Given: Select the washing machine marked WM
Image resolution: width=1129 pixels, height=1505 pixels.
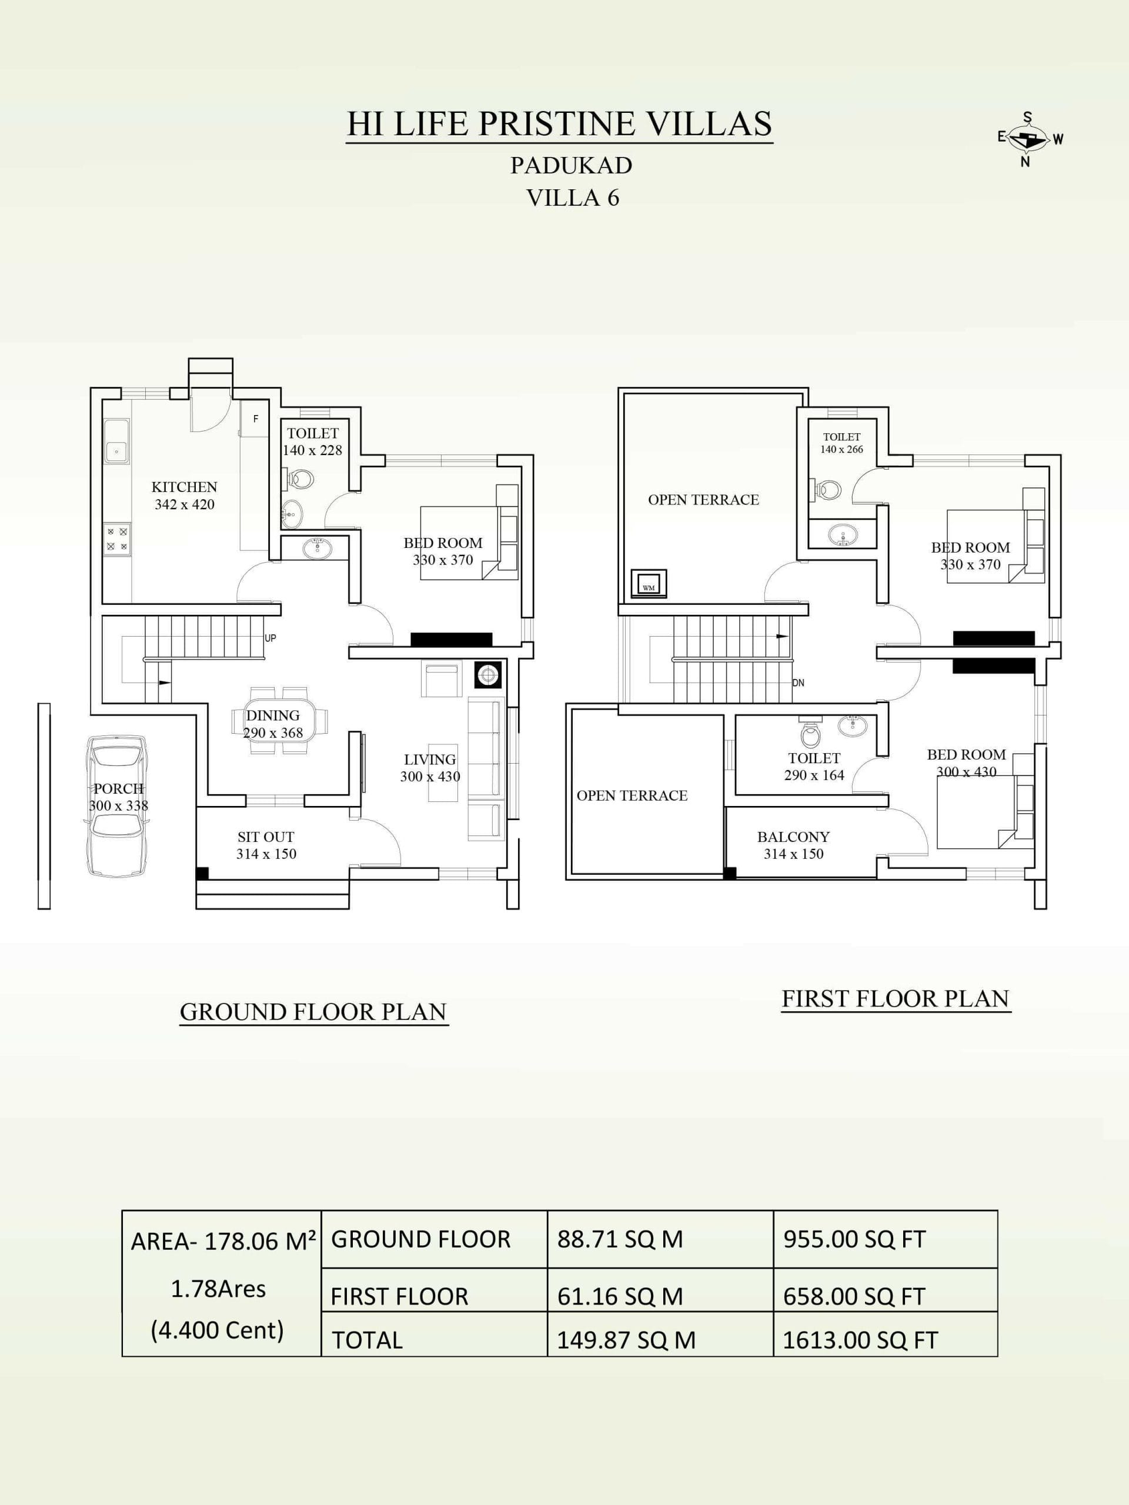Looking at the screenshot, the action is tap(649, 584).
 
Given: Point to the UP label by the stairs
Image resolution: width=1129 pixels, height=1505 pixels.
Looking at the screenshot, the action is tap(270, 638).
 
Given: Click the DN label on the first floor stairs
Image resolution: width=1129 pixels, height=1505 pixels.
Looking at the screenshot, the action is tap(799, 683).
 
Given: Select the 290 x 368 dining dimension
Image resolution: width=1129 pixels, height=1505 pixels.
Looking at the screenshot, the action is tap(273, 733).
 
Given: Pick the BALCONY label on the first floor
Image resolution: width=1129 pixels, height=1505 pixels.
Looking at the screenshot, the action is tap(793, 837).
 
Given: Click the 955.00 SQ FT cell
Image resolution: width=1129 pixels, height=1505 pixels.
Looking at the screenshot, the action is tap(854, 1240).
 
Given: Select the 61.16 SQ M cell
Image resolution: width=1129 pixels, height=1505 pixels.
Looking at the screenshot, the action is tap(620, 1297).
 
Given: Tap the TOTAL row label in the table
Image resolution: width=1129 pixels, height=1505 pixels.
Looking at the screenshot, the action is tap(368, 1340).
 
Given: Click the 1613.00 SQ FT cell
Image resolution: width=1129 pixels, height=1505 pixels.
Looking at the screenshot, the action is tap(860, 1340).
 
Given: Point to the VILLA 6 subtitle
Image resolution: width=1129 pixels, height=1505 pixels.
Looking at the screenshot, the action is tap(573, 198).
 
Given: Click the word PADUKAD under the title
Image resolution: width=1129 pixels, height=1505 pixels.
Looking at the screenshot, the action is tap(572, 165).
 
